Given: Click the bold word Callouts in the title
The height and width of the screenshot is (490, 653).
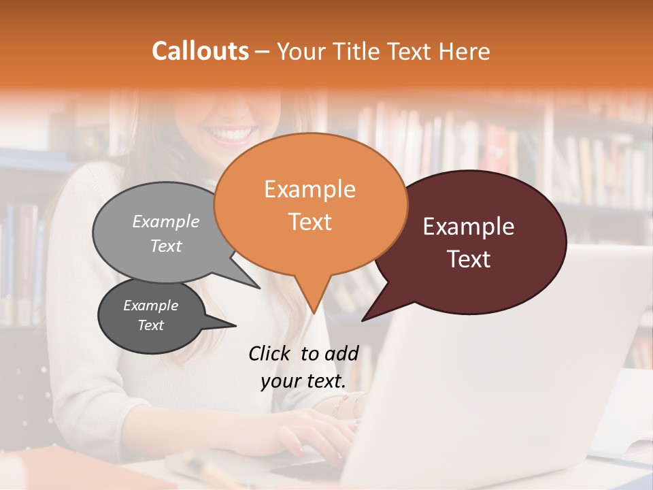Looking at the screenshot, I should coord(200,52).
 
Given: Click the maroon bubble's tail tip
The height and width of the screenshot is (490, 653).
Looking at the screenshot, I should coord(363,320).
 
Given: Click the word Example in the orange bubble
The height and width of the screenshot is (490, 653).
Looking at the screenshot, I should coord(310,189).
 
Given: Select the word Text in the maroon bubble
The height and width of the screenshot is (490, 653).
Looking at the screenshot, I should coord(469,259).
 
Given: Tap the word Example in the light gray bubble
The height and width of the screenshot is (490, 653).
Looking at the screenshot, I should coord(166,222).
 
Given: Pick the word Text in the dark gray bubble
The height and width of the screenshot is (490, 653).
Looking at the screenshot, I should coord(151,325).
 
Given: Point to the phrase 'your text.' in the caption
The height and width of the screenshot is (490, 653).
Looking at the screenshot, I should coord(303,381).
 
